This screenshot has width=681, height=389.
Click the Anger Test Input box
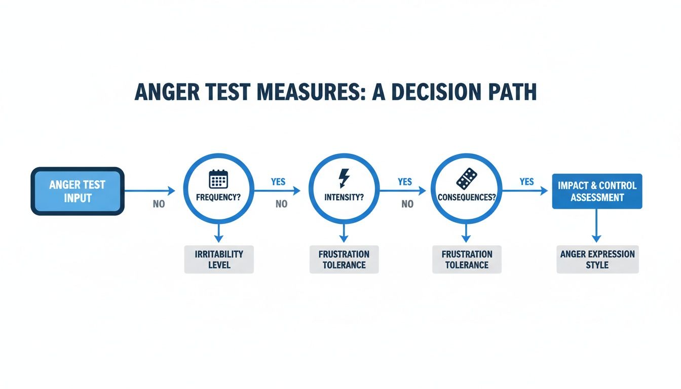point(78,191)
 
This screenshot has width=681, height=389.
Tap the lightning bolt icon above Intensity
point(344,179)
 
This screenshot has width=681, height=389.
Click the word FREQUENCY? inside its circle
point(218,198)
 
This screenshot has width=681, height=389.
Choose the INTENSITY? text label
point(344,198)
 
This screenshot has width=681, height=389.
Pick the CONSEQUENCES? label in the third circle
point(466,198)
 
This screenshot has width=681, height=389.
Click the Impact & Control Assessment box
point(596,191)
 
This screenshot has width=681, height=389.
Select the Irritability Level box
point(219,259)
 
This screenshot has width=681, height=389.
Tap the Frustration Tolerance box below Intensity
point(344,259)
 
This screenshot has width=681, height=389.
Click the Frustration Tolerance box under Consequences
point(467,259)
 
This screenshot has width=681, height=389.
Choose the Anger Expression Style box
point(597,259)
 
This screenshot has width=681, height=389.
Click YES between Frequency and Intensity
point(278,181)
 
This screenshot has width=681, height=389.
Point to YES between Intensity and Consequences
point(405,181)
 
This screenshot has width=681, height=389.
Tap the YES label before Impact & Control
point(527,181)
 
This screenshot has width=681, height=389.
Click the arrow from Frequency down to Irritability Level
point(218,234)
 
